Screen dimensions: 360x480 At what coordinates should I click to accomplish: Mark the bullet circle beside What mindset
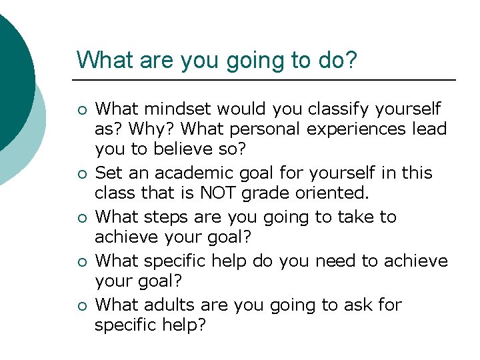pyautogui.click(x=81, y=109)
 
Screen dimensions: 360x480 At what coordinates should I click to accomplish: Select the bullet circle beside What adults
pyautogui.click(x=81, y=306)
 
